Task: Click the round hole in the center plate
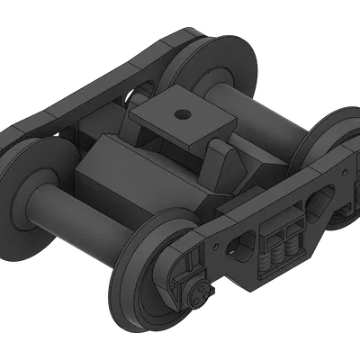[x=183, y=114]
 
